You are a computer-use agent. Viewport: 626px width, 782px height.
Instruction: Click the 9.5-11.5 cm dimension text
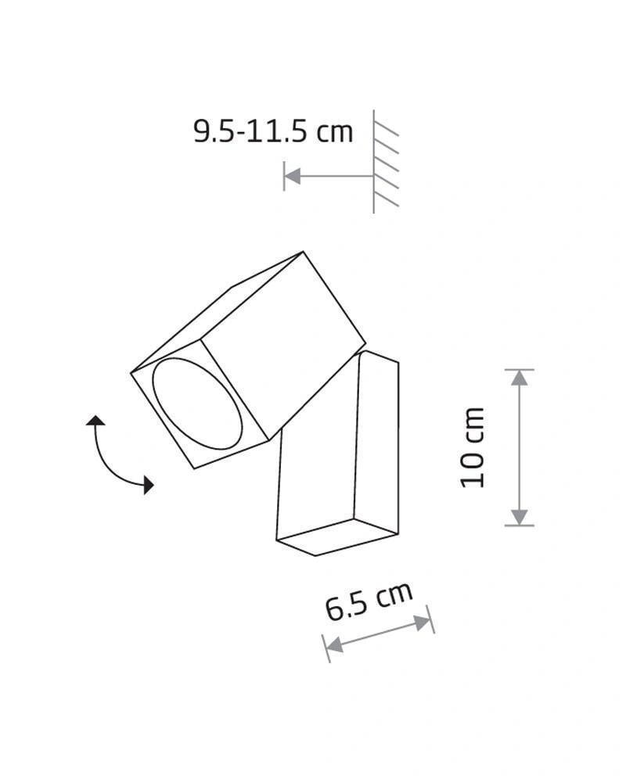point(273,131)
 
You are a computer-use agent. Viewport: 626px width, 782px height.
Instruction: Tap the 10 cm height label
point(473,447)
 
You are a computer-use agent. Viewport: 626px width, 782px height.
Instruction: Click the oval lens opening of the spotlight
point(196,404)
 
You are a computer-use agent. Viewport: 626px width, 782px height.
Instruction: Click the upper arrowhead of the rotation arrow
point(95,421)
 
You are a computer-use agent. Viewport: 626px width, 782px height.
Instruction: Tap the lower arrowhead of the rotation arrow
point(148,486)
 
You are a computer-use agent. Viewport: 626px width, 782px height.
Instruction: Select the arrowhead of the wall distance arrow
point(292,177)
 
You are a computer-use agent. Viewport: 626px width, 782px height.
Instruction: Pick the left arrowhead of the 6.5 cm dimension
point(333,646)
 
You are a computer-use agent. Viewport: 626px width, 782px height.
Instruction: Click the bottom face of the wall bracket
point(336,536)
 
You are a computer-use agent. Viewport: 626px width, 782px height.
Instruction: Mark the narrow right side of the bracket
point(376,442)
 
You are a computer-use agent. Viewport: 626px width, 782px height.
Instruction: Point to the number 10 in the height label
point(473,470)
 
